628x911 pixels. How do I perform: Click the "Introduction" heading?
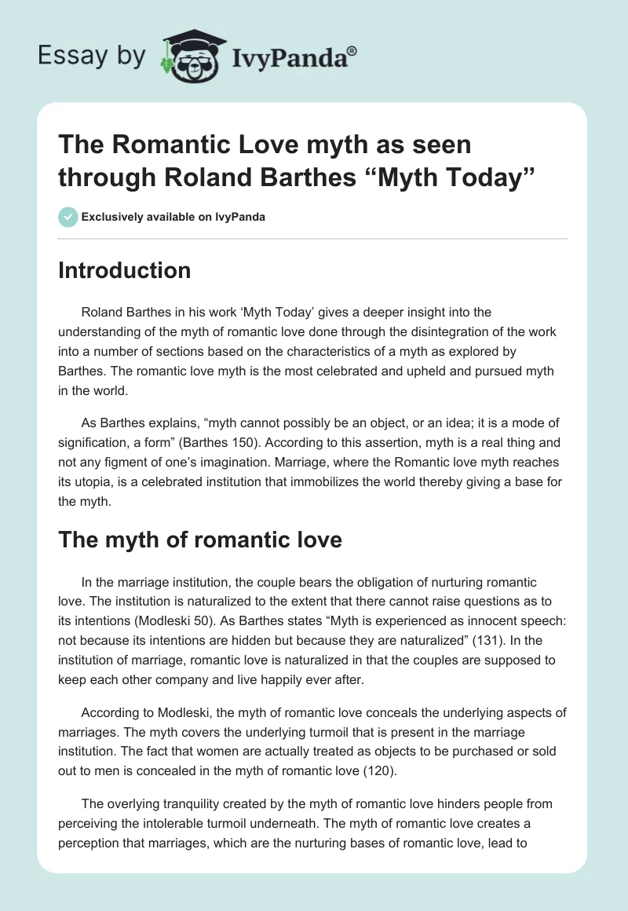125,271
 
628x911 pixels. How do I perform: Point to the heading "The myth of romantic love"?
200,540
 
